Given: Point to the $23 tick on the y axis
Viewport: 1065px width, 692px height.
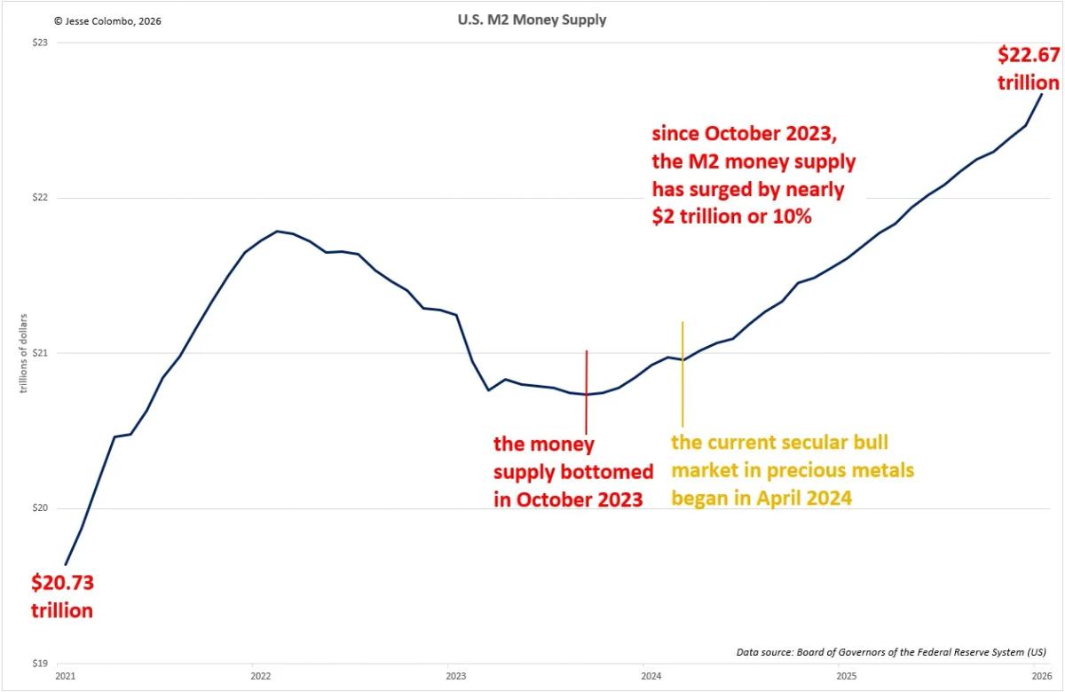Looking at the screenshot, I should [40, 43].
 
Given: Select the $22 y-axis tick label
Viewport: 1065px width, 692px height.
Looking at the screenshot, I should [40, 198].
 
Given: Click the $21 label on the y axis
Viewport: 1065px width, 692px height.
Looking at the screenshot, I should [40, 353].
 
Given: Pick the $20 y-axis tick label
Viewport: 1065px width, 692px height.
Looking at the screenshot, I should [40, 508].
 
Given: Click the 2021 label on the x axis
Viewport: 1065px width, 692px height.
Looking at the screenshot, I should [65, 677].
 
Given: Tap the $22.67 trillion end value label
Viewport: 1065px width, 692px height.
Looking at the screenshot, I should [1029, 68].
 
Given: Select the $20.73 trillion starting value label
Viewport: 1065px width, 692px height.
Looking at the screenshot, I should [62, 596].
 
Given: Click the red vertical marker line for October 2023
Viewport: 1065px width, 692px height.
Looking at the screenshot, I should [587, 390].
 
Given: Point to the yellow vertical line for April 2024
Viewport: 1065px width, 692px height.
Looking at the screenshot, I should [682, 373].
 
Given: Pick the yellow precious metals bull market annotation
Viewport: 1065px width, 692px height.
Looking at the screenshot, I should [793, 470].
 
